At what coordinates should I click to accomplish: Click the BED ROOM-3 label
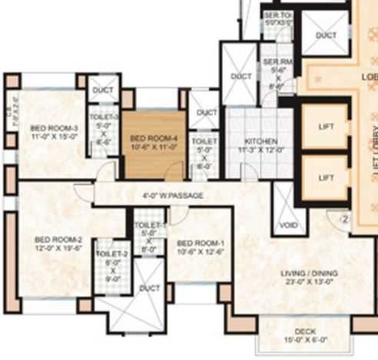click(x=54, y=127)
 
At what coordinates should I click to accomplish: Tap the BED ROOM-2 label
click(x=53, y=239)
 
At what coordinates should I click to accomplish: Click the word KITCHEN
click(x=260, y=142)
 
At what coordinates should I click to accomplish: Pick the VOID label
click(x=287, y=226)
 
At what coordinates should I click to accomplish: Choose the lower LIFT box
click(x=326, y=178)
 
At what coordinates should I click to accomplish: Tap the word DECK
click(x=304, y=332)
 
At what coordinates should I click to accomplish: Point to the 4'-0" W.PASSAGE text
click(x=173, y=196)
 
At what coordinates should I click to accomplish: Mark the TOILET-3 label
click(x=104, y=117)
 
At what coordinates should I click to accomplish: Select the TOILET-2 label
click(x=111, y=254)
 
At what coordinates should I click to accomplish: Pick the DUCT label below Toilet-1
click(x=149, y=289)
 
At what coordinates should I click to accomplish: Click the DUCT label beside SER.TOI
click(x=326, y=35)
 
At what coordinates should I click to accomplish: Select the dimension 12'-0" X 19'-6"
click(x=53, y=248)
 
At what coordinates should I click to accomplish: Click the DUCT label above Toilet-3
click(x=103, y=90)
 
